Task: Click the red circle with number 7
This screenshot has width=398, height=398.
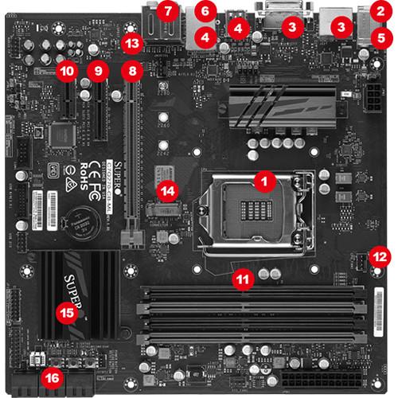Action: coord(166,12)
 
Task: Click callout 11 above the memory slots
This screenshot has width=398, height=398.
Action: coord(244,279)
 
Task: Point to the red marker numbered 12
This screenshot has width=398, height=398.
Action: coord(380,256)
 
